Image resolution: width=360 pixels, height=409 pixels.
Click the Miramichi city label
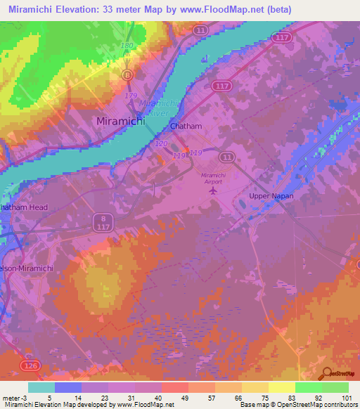[x=120, y=122]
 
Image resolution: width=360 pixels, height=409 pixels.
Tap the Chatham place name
[x=186, y=126]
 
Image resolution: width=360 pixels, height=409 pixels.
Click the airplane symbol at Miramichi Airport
[x=214, y=190]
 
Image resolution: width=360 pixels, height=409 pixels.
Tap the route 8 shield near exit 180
[x=127, y=74]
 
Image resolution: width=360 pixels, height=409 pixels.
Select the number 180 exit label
[x=127, y=46]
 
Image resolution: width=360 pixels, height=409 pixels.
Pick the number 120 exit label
[x=161, y=143]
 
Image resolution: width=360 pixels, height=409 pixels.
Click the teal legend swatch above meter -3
[x=41, y=387]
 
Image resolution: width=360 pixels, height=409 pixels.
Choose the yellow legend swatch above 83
[x=281, y=387]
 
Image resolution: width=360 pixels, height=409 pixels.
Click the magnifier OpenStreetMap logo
[x=328, y=374]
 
